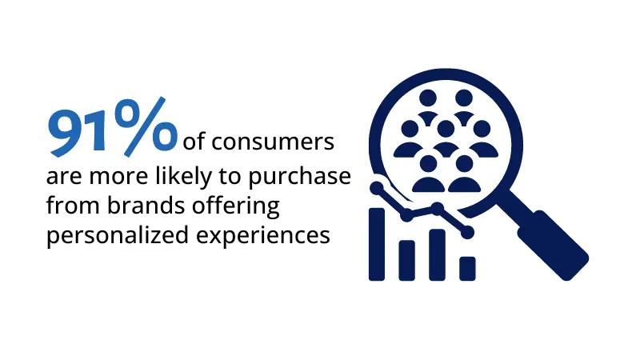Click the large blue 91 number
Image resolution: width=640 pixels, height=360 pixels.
pos(78,132)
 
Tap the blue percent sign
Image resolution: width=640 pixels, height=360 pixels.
pos(146,126)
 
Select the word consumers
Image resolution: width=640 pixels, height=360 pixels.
pos(273,142)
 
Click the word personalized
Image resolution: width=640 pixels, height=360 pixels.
pos(118,236)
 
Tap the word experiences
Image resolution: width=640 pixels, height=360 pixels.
pos(263,236)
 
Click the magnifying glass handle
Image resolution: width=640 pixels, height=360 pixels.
pos(553,245)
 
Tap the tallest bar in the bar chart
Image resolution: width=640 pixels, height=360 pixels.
pos(377,244)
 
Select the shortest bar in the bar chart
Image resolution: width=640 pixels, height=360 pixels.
pos(467,269)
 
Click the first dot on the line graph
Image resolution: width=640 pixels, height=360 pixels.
pos(377,188)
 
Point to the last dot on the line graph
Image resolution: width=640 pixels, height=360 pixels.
pos(467,232)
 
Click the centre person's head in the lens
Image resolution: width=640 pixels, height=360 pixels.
pos(446,129)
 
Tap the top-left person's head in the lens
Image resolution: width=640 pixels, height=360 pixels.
pos(428,98)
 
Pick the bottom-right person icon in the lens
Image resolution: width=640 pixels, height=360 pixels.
pos(464,174)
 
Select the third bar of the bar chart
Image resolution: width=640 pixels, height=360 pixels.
pos(437,255)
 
